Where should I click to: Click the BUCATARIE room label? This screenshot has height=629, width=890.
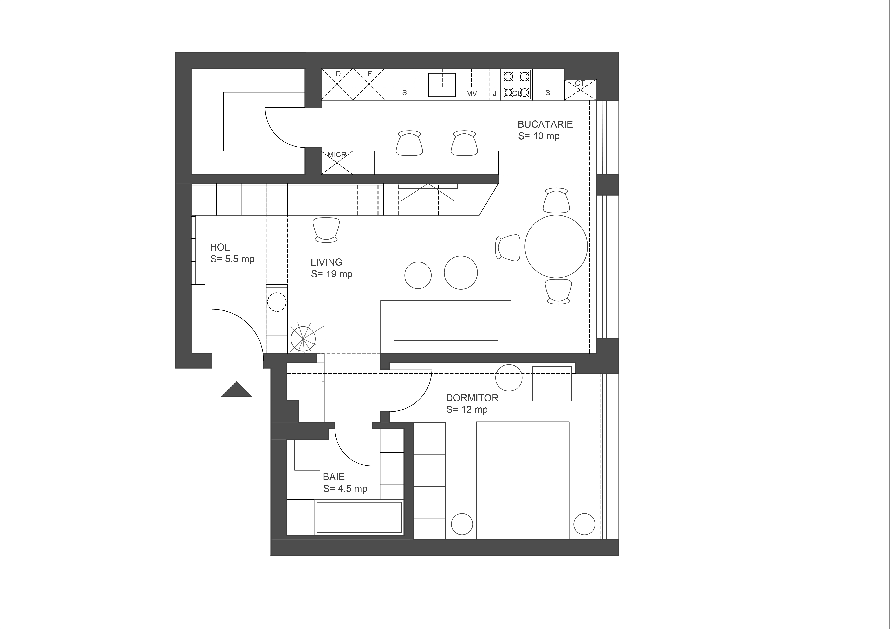[x=545, y=124]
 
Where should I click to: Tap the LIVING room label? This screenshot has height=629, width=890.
[x=326, y=262]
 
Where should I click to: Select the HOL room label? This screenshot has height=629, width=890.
[x=220, y=247]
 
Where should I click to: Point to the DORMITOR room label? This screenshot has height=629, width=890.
[x=472, y=398]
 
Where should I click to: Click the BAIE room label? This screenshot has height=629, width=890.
[x=334, y=477]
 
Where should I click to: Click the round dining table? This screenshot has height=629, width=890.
[x=556, y=246]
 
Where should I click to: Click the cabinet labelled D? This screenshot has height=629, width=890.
[x=337, y=85]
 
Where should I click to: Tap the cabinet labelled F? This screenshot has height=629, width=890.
[x=369, y=85]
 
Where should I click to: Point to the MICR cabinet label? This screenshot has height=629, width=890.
[x=337, y=155]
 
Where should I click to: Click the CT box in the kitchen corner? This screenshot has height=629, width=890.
[x=580, y=90]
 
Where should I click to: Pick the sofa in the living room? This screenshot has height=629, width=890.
[x=446, y=327]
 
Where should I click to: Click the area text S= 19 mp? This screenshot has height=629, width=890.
[x=331, y=274]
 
